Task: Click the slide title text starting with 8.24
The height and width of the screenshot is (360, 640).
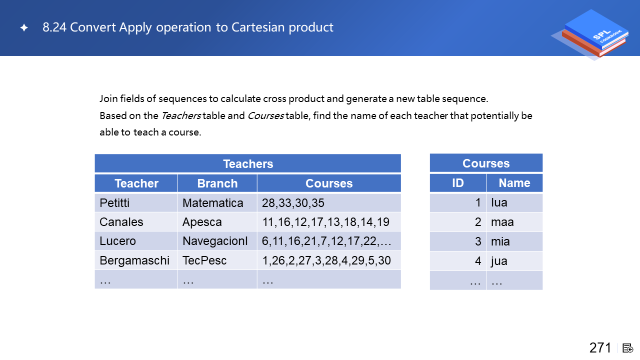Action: pyautogui.click(x=187, y=27)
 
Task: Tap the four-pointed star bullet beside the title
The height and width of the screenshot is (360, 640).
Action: pyautogui.click(x=24, y=27)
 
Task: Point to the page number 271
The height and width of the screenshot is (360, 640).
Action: pyautogui.click(x=599, y=347)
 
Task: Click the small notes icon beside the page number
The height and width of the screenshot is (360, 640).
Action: pyautogui.click(x=627, y=348)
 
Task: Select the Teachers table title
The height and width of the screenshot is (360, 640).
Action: pyautogui.click(x=248, y=164)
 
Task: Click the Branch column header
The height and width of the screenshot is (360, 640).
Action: pyautogui.click(x=217, y=183)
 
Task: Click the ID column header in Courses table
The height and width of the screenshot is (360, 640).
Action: pyautogui.click(x=457, y=183)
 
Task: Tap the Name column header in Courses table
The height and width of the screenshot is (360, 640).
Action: pyautogui.click(x=514, y=183)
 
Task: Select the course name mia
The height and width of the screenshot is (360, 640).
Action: pyautogui.click(x=500, y=241)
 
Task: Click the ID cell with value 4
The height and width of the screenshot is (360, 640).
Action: pyautogui.click(x=478, y=261)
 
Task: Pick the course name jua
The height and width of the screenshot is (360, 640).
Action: pyautogui.click(x=499, y=261)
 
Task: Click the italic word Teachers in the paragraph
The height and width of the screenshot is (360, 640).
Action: pyautogui.click(x=181, y=115)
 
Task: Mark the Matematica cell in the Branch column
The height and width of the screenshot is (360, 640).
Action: pyautogui.click(x=213, y=203)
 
